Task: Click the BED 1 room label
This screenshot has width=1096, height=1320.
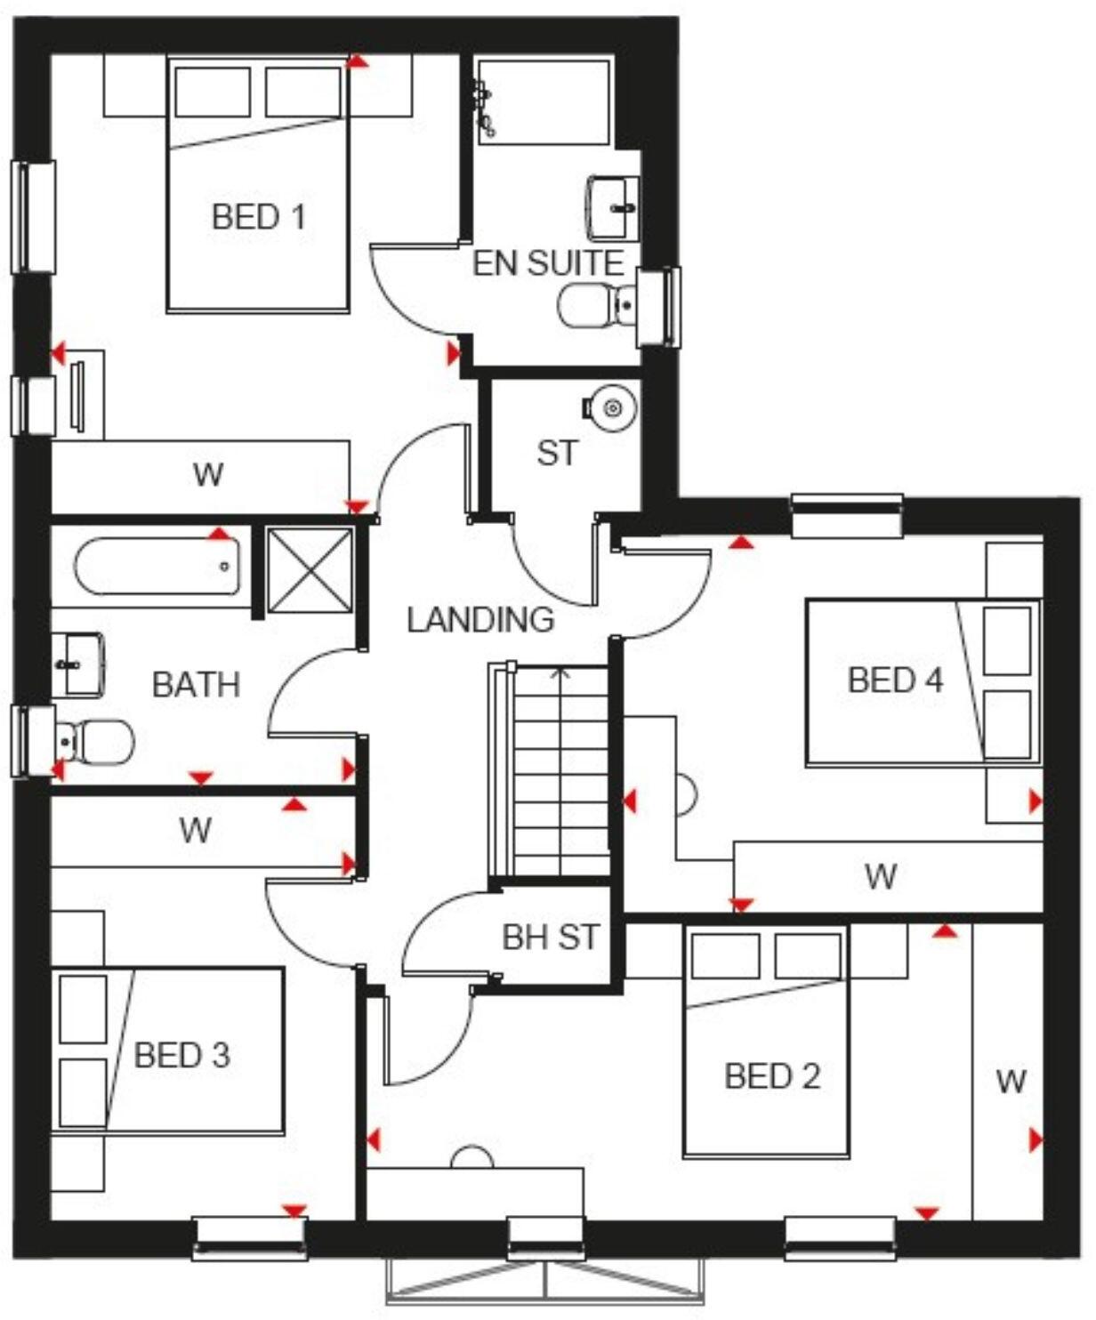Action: pyautogui.click(x=258, y=216)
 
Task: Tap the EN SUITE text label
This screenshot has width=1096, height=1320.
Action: pyautogui.click(x=547, y=263)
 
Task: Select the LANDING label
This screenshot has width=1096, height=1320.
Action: pyautogui.click(x=480, y=619)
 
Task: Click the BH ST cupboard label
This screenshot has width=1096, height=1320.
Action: pyautogui.click(x=551, y=937)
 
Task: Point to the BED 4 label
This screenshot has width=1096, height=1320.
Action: pyautogui.click(x=895, y=680)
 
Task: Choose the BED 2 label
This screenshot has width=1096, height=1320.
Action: pyautogui.click(x=772, y=1076)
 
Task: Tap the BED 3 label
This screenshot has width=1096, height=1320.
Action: pyautogui.click(x=181, y=1055)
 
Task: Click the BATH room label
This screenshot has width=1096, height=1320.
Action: pyautogui.click(x=196, y=685)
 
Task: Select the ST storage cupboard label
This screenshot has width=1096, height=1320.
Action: pyautogui.click(x=557, y=453)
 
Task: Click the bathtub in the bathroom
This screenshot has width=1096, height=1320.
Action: pyautogui.click(x=157, y=567)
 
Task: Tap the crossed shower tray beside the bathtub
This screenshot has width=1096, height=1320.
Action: pyautogui.click(x=309, y=570)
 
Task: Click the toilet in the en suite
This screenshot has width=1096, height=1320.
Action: pyautogui.click(x=589, y=305)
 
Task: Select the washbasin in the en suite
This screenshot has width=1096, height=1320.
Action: pyautogui.click(x=613, y=207)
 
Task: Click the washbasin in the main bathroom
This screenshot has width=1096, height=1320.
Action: pyautogui.click(x=77, y=664)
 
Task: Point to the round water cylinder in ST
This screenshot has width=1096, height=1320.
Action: pyautogui.click(x=611, y=407)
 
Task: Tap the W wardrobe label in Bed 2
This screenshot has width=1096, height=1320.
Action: pyautogui.click(x=1011, y=1081)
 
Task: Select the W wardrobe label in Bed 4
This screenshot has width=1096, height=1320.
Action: pyautogui.click(x=881, y=877)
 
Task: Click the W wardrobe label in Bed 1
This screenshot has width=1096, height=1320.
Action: pyautogui.click(x=207, y=474)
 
